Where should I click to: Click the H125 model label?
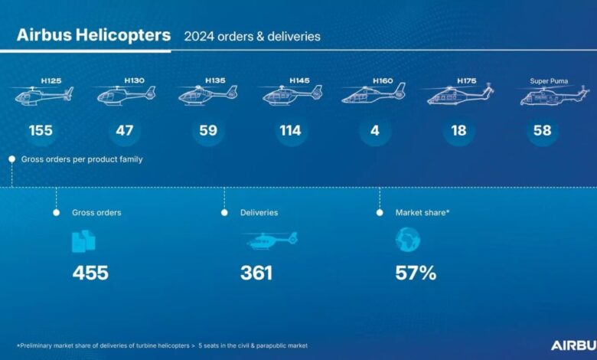tap(51, 80)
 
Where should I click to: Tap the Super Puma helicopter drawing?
tap(554, 95)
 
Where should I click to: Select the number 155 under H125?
tap(41, 131)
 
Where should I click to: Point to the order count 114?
tap(291, 131)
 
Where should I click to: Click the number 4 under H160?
tap(375, 131)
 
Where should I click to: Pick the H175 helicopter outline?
tap(460, 95)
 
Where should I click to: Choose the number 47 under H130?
tap(125, 131)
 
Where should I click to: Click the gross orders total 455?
tap(90, 273)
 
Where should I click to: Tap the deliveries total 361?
tap(256, 273)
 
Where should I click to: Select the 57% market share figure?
tap(416, 273)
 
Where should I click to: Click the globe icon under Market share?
tap(408, 240)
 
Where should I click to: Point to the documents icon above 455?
tap(83, 241)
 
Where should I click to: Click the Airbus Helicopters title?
tap(93, 35)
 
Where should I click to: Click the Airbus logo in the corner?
tap(574, 345)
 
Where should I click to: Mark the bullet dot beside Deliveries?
tap(224, 213)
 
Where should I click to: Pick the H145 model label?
tap(299, 80)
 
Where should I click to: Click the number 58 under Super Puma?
tap(543, 131)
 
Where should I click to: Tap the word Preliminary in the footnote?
tap(36, 345)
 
